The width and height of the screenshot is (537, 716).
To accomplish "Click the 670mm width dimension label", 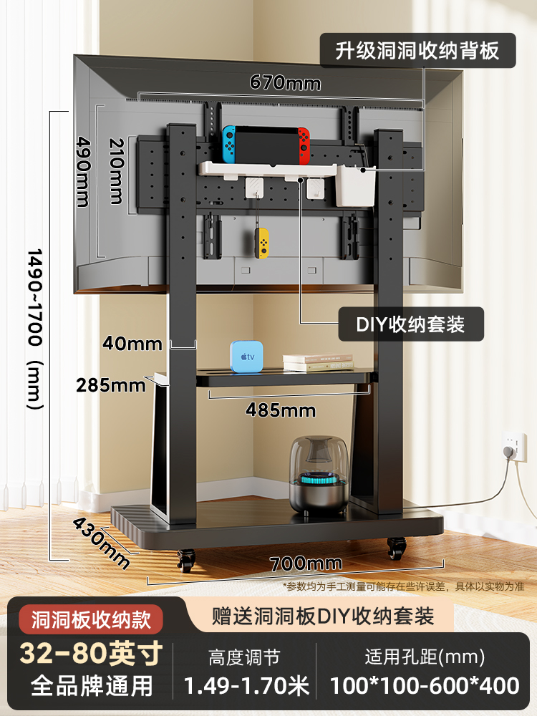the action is pos(285,82).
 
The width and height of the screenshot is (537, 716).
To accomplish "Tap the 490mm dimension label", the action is pos(84,172).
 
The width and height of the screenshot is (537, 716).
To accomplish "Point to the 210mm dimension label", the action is pos(117,171).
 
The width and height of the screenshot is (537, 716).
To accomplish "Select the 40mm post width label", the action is pos(132,344).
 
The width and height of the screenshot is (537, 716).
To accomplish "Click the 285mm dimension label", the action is pos(110,385).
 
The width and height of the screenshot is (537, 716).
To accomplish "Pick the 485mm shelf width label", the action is pos(281,410).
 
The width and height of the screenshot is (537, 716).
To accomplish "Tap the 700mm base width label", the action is pos(306,563).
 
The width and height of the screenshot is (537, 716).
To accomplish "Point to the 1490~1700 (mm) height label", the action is pos(35,329).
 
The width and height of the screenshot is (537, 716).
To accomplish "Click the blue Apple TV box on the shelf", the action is pos(246,356).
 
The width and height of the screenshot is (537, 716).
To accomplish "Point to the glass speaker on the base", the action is pos(319,475).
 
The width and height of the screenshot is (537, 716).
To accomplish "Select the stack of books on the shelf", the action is pos(318,362).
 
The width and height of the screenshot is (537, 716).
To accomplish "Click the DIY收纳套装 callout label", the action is pos(410,324).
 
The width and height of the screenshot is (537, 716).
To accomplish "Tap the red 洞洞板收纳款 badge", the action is pos(91,619).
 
